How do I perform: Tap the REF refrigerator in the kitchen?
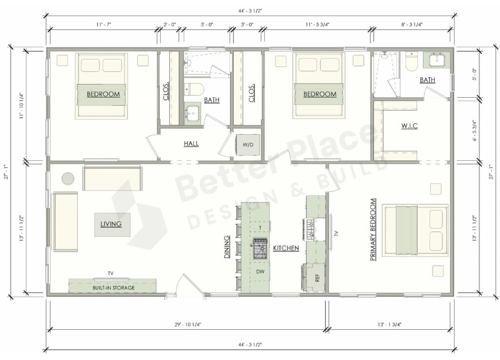(316, 278)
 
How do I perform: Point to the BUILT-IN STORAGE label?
(113, 288)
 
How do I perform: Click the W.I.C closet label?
(409, 126)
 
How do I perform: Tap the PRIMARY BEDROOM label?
(373, 229)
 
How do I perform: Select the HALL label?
(191, 144)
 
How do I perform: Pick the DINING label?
(227, 247)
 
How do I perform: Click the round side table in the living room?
(67, 178)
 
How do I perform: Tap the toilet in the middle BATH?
(192, 89)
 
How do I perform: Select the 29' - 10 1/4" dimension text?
(187, 324)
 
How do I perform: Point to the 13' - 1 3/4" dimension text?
(390, 324)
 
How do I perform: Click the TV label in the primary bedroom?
(336, 233)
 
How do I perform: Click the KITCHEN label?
(286, 249)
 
